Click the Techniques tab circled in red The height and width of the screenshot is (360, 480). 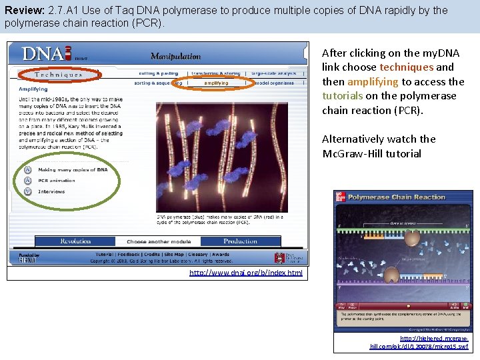[59, 75]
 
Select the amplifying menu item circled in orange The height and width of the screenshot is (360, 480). [216, 83]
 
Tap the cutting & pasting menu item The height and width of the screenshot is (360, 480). [159, 73]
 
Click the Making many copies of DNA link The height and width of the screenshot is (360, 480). [73, 170]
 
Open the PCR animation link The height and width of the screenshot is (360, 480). [57, 181]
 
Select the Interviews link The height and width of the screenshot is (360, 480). [51, 191]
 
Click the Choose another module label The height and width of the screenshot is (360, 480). [159, 241]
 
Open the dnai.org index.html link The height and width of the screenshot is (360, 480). [245, 273]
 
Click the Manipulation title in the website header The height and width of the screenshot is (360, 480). [175, 57]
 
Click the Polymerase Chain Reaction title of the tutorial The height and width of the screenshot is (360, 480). [396, 197]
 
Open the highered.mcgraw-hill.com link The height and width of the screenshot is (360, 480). [419, 343]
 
